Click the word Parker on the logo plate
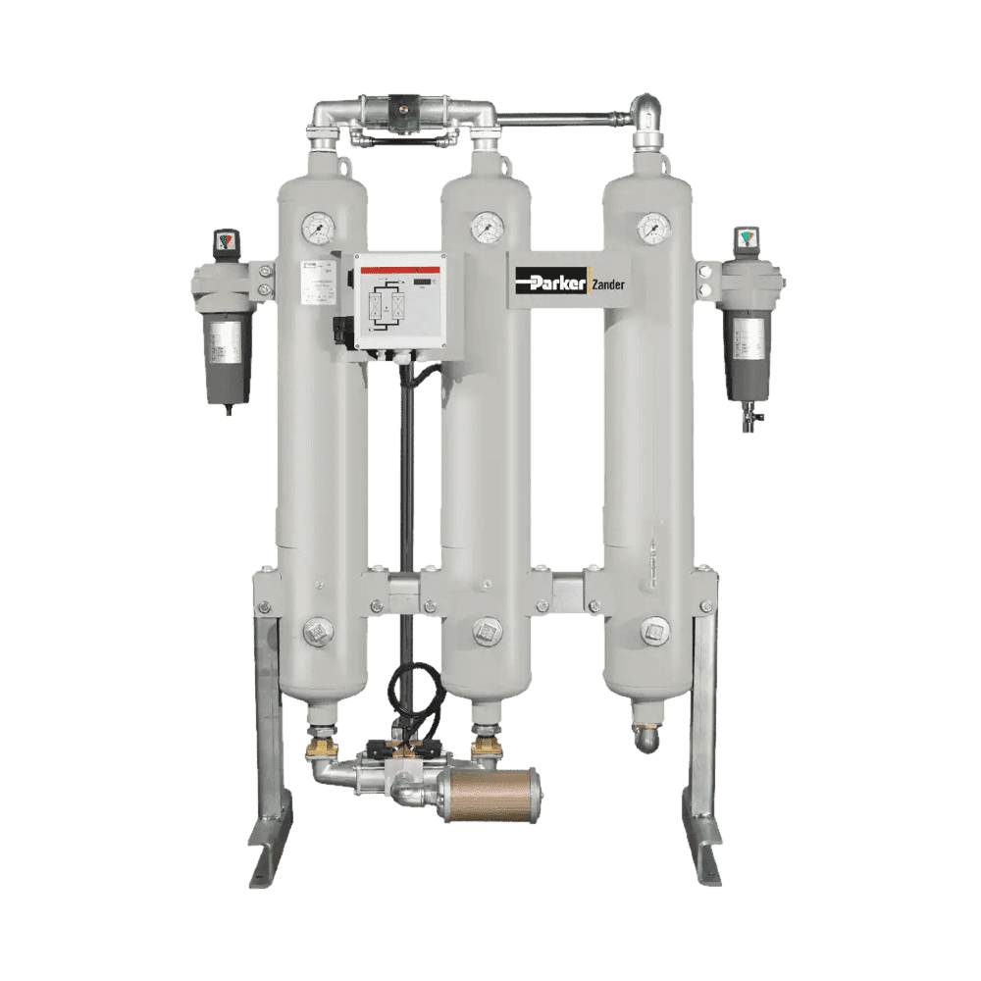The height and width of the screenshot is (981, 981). point(551,283)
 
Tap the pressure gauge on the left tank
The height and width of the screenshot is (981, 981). point(317,229)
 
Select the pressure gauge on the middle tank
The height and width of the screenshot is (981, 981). point(485,229)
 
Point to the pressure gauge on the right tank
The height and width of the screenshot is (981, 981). point(651,229)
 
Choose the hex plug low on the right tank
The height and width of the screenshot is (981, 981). point(654,630)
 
